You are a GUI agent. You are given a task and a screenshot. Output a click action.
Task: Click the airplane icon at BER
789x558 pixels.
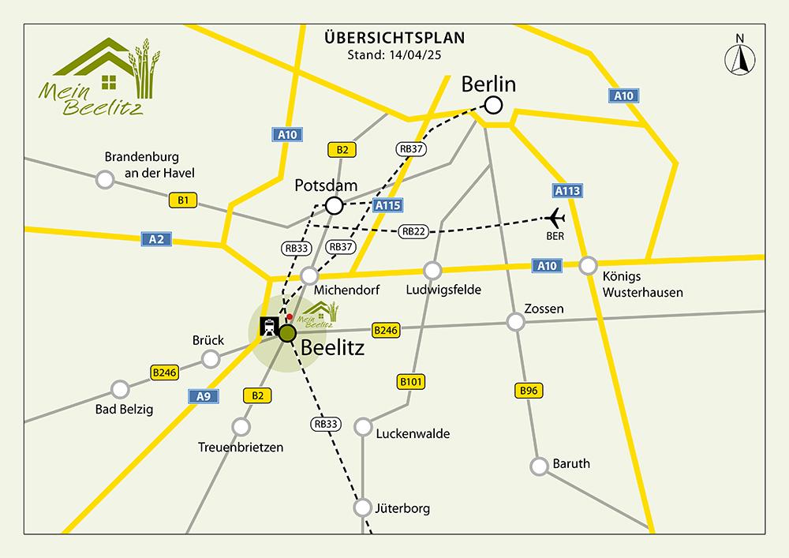555,217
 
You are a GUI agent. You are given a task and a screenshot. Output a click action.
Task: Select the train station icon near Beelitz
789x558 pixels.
268,325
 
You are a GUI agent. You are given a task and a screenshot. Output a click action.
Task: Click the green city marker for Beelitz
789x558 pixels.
286,333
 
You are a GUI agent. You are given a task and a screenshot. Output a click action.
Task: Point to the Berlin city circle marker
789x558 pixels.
494,104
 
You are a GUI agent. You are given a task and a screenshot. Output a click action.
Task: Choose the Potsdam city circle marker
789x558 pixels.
334,206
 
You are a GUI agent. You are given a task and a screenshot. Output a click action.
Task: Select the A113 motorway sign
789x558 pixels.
567,190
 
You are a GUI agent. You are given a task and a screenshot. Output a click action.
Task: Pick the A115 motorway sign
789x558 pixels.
388,205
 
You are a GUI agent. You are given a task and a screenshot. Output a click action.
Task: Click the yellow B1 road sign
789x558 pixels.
182,201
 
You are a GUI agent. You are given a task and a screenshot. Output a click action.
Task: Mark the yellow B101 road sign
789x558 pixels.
411,383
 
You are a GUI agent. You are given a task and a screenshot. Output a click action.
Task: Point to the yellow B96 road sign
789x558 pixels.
529,390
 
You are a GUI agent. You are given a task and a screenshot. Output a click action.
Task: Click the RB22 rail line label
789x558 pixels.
413,231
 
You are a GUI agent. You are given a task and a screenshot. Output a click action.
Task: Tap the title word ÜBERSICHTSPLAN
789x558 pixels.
394,37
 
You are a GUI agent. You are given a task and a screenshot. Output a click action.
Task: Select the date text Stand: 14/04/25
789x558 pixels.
394,55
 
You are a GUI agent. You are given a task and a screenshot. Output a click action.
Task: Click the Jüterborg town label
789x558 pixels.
403,508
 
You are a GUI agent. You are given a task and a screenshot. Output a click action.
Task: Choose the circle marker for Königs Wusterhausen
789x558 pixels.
587,265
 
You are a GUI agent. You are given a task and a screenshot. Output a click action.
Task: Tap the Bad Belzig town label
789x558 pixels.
125,409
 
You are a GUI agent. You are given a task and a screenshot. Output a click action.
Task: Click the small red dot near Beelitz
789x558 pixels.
290,316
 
